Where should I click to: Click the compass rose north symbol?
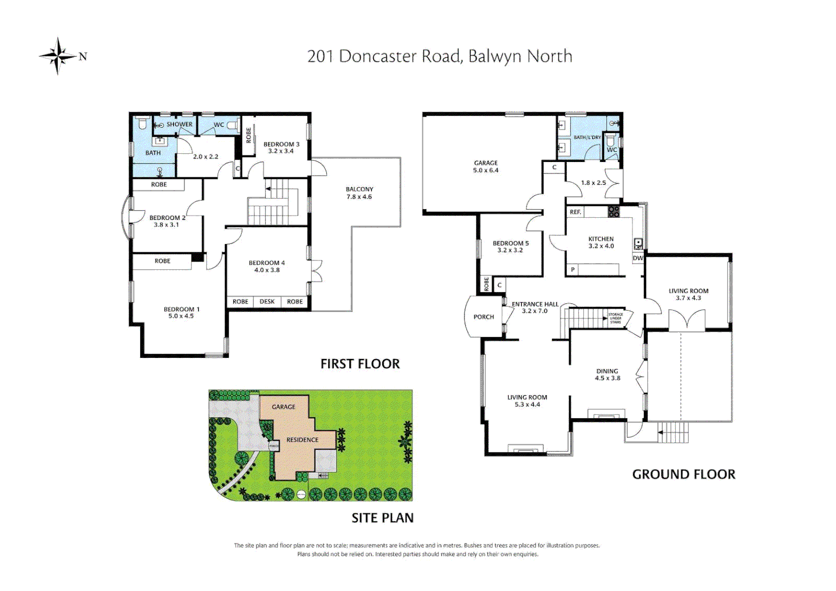(58, 56)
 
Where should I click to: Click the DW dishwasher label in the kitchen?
(638, 258)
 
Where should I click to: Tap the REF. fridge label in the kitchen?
(575, 212)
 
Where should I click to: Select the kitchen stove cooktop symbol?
(614, 212)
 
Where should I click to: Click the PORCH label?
(484, 317)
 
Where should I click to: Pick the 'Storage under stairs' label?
(616, 318)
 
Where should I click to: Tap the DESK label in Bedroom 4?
(267, 302)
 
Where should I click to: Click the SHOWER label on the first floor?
(179, 124)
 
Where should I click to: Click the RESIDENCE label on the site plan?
(302, 440)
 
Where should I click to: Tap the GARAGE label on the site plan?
(283, 407)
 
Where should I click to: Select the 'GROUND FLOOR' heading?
(683, 474)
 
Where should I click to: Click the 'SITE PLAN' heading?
(382, 518)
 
